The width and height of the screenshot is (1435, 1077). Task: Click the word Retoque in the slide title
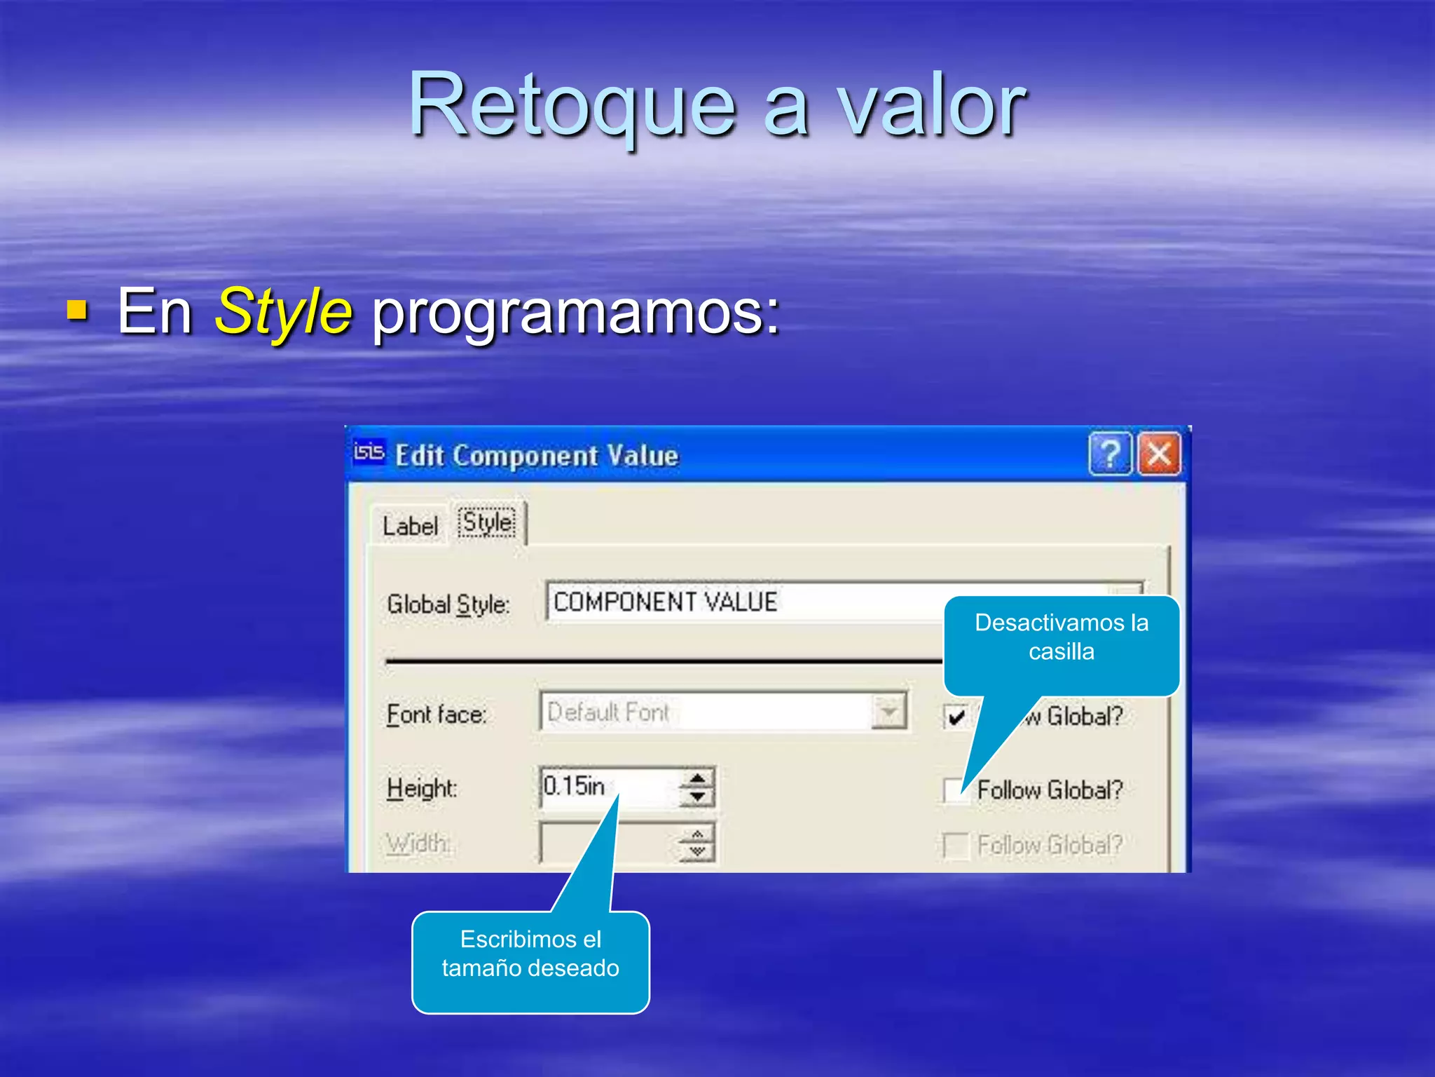click(x=572, y=105)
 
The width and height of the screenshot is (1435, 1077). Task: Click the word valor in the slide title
click(x=931, y=105)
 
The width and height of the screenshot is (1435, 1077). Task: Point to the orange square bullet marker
click(x=77, y=309)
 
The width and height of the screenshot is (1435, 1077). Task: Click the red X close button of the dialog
click(x=1158, y=454)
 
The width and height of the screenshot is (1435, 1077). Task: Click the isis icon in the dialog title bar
click(x=369, y=452)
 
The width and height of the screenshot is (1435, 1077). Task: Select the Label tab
click(x=410, y=525)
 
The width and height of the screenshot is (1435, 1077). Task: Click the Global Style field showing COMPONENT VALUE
click(x=736, y=602)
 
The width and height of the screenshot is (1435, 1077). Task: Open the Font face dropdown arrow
click(x=888, y=712)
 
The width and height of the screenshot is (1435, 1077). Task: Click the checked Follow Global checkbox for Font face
click(x=956, y=717)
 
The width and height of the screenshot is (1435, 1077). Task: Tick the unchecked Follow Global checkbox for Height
click(x=954, y=790)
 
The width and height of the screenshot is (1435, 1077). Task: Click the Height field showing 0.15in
click(x=606, y=786)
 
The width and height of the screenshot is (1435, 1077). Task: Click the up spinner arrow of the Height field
click(x=697, y=778)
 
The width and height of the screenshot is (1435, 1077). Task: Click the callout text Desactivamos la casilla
click(x=1061, y=637)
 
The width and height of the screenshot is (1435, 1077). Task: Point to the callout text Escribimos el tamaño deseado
click(x=530, y=954)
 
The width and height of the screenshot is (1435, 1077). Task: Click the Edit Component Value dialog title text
click(x=537, y=456)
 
